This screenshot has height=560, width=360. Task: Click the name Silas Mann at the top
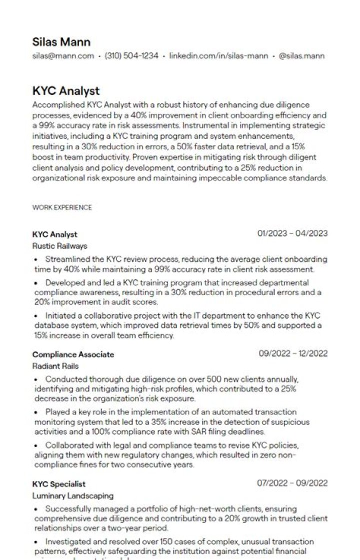click(x=61, y=41)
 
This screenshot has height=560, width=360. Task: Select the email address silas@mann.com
click(x=63, y=56)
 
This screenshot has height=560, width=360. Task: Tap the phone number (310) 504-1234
click(x=131, y=56)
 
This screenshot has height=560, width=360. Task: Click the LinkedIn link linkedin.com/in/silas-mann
click(x=218, y=56)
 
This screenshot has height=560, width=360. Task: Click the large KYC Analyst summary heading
click(x=66, y=91)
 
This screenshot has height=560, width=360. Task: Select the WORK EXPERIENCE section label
click(x=62, y=207)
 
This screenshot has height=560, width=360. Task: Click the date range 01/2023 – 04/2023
click(x=292, y=233)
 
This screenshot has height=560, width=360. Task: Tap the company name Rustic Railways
click(x=59, y=246)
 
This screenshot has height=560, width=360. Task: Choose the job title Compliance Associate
click(x=73, y=354)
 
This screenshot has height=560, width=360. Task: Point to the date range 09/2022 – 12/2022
click(x=293, y=354)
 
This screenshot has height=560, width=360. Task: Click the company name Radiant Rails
click(x=55, y=366)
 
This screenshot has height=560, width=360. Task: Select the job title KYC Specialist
click(x=59, y=484)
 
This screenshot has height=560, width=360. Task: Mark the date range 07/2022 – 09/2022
click(x=292, y=483)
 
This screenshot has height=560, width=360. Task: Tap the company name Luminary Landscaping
click(x=73, y=496)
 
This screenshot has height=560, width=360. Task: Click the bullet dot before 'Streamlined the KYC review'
click(x=36, y=260)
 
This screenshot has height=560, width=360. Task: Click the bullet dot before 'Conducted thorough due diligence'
click(x=36, y=380)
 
